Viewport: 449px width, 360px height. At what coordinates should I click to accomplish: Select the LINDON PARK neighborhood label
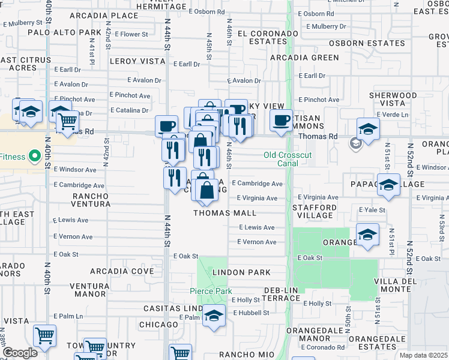point(241,272)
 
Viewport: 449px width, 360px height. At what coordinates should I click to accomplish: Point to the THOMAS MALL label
point(224,213)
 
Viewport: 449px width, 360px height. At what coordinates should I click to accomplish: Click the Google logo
point(20,353)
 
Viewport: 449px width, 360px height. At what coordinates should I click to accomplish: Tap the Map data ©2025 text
point(424,355)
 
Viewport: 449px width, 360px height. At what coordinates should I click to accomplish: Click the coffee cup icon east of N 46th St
point(280,120)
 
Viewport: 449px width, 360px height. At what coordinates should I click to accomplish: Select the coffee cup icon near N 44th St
point(166,125)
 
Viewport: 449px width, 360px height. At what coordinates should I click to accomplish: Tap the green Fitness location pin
point(34,157)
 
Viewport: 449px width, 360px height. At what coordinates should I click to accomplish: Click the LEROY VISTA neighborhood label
point(137,61)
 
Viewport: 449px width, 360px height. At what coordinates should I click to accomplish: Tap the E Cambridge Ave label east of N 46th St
point(257,184)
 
